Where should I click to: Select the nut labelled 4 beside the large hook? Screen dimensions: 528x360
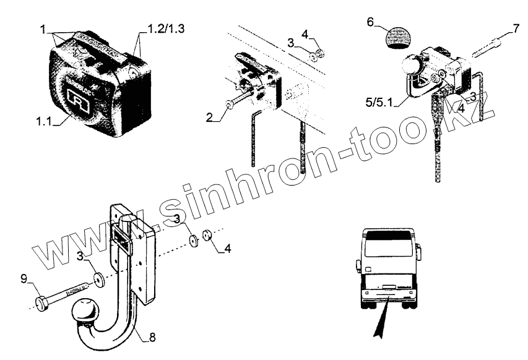pyautogui.click(x=207, y=236)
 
